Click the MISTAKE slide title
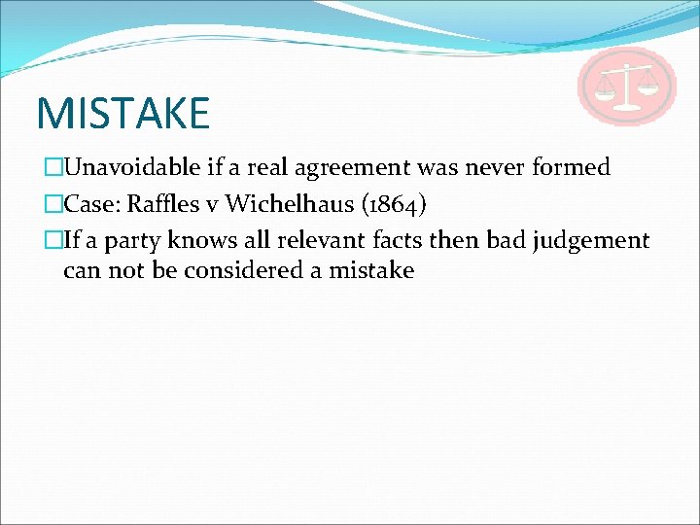point(122,113)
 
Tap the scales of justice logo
point(626,86)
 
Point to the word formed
point(571,167)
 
